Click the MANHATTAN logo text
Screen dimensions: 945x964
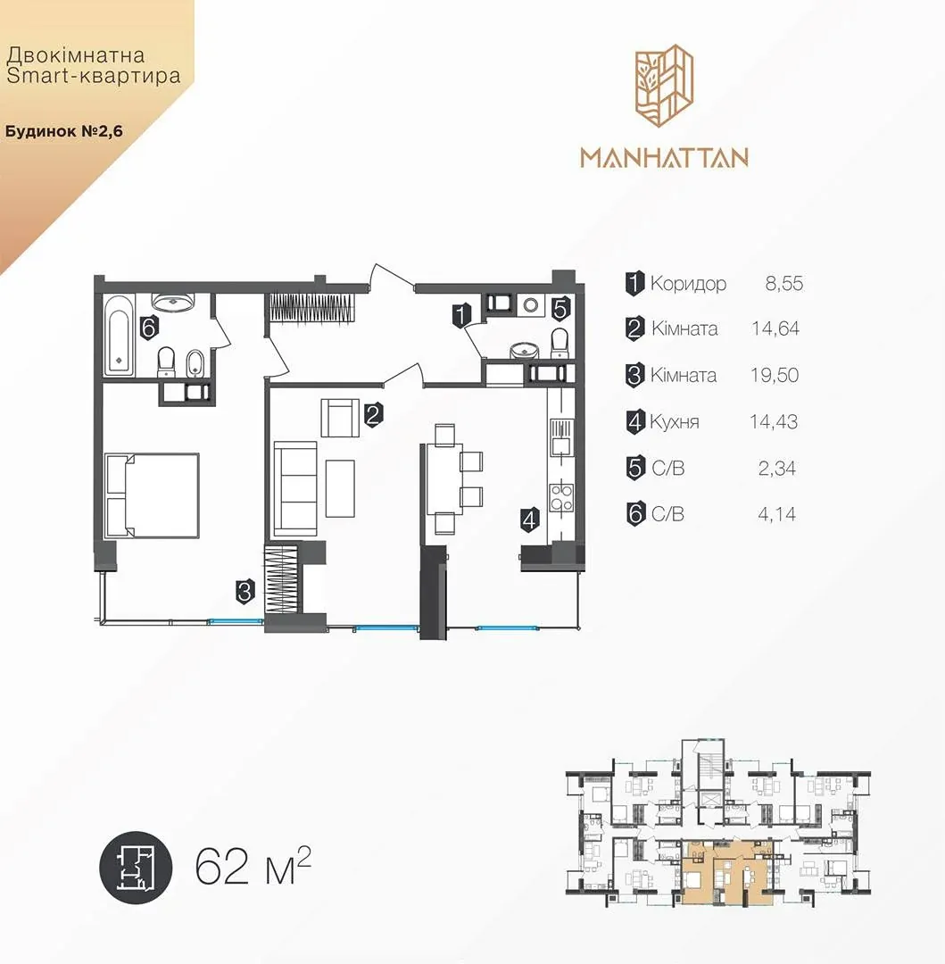[x=664, y=157]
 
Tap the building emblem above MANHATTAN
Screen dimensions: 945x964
[x=664, y=86]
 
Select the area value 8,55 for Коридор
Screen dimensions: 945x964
[x=784, y=284]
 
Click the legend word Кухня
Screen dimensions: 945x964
[x=675, y=422]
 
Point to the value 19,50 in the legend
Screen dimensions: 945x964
[x=775, y=375]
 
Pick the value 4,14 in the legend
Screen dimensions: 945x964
[x=776, y=514]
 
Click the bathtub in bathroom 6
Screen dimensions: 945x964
[x=119, y=335]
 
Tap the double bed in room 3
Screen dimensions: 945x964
[x=153, y=495]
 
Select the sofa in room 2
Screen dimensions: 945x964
[x=295, y=488]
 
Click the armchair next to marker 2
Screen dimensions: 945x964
[x=340, y=418]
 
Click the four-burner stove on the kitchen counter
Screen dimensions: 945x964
[x=561, y=497]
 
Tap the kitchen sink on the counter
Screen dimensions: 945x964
[x=561, y=436]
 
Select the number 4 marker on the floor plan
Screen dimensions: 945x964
[x=529, y=519]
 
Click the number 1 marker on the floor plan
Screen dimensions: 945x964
[x=461, y=315]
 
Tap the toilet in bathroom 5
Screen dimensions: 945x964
[x=560, y=343]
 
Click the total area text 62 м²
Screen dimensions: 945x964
[x=253, y=867]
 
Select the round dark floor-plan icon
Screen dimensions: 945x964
[x=136, y=868]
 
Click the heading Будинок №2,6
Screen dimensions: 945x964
[x=64, y=131]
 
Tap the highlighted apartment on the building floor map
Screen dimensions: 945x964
[x=727, y=873]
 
